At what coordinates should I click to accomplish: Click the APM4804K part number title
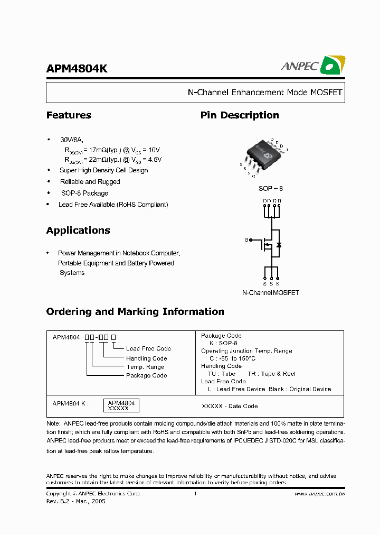click(77, 69)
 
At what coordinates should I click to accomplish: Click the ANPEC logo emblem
click(334, 66)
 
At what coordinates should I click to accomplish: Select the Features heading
click(69, 115)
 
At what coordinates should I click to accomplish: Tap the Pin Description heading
click(240, 115)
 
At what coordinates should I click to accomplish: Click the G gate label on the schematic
click(246, 240)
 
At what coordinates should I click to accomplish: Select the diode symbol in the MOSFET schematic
click(279, 245)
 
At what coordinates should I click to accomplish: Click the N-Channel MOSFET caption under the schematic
click(270, 293)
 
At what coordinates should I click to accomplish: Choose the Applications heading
click(78, 230)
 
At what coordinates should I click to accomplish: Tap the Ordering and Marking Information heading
click(135, 312)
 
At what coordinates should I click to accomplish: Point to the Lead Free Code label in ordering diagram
click(148, 349)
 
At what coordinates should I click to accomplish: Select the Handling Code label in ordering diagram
click(146, 358)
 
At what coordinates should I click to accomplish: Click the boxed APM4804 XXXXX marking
click(121, 405)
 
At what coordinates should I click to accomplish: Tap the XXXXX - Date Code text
click(230, 406)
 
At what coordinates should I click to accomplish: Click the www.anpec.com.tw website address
click(319, 494)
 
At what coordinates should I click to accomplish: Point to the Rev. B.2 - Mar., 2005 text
click(75, 501)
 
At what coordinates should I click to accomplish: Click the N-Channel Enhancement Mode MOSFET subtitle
click(265, 93)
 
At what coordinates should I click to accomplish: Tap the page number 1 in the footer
click(195, 494)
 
